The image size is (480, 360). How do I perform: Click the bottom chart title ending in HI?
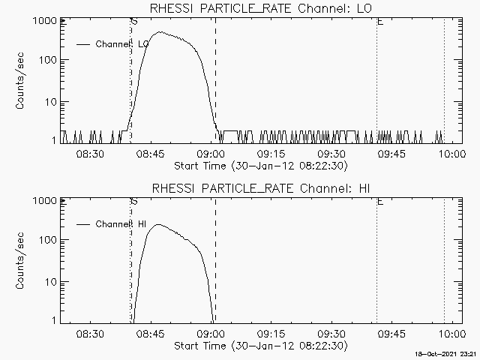tap(261, 187)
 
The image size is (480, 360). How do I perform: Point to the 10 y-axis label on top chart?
tap(47, 101)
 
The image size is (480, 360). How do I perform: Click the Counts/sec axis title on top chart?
tap(22, 81)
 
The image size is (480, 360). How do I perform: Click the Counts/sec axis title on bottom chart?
tap(22, 261)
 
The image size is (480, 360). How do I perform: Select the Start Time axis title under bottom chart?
tap(259, 346)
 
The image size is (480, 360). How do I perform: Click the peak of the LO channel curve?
tap(160, 32)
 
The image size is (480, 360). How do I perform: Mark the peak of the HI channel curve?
tap(157, 224)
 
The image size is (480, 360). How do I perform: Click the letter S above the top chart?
tap(133, 22)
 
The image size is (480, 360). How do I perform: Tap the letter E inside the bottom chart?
tap(380, 202)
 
